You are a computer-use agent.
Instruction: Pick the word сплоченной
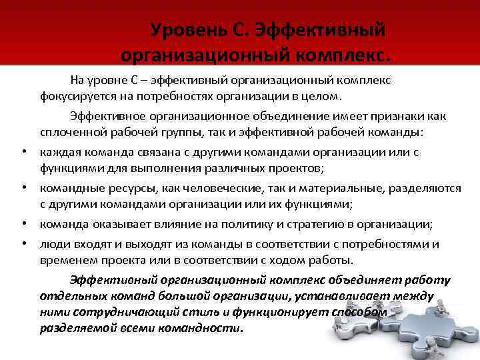[69, 131]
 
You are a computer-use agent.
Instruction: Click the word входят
[87, 244]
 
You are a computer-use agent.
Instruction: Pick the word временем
[67, 259]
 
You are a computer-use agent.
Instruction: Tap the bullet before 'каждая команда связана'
[24, 152]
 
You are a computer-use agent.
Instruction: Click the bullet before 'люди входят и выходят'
[24, 244]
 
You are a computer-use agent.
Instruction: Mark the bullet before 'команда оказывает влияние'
[24, 223]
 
